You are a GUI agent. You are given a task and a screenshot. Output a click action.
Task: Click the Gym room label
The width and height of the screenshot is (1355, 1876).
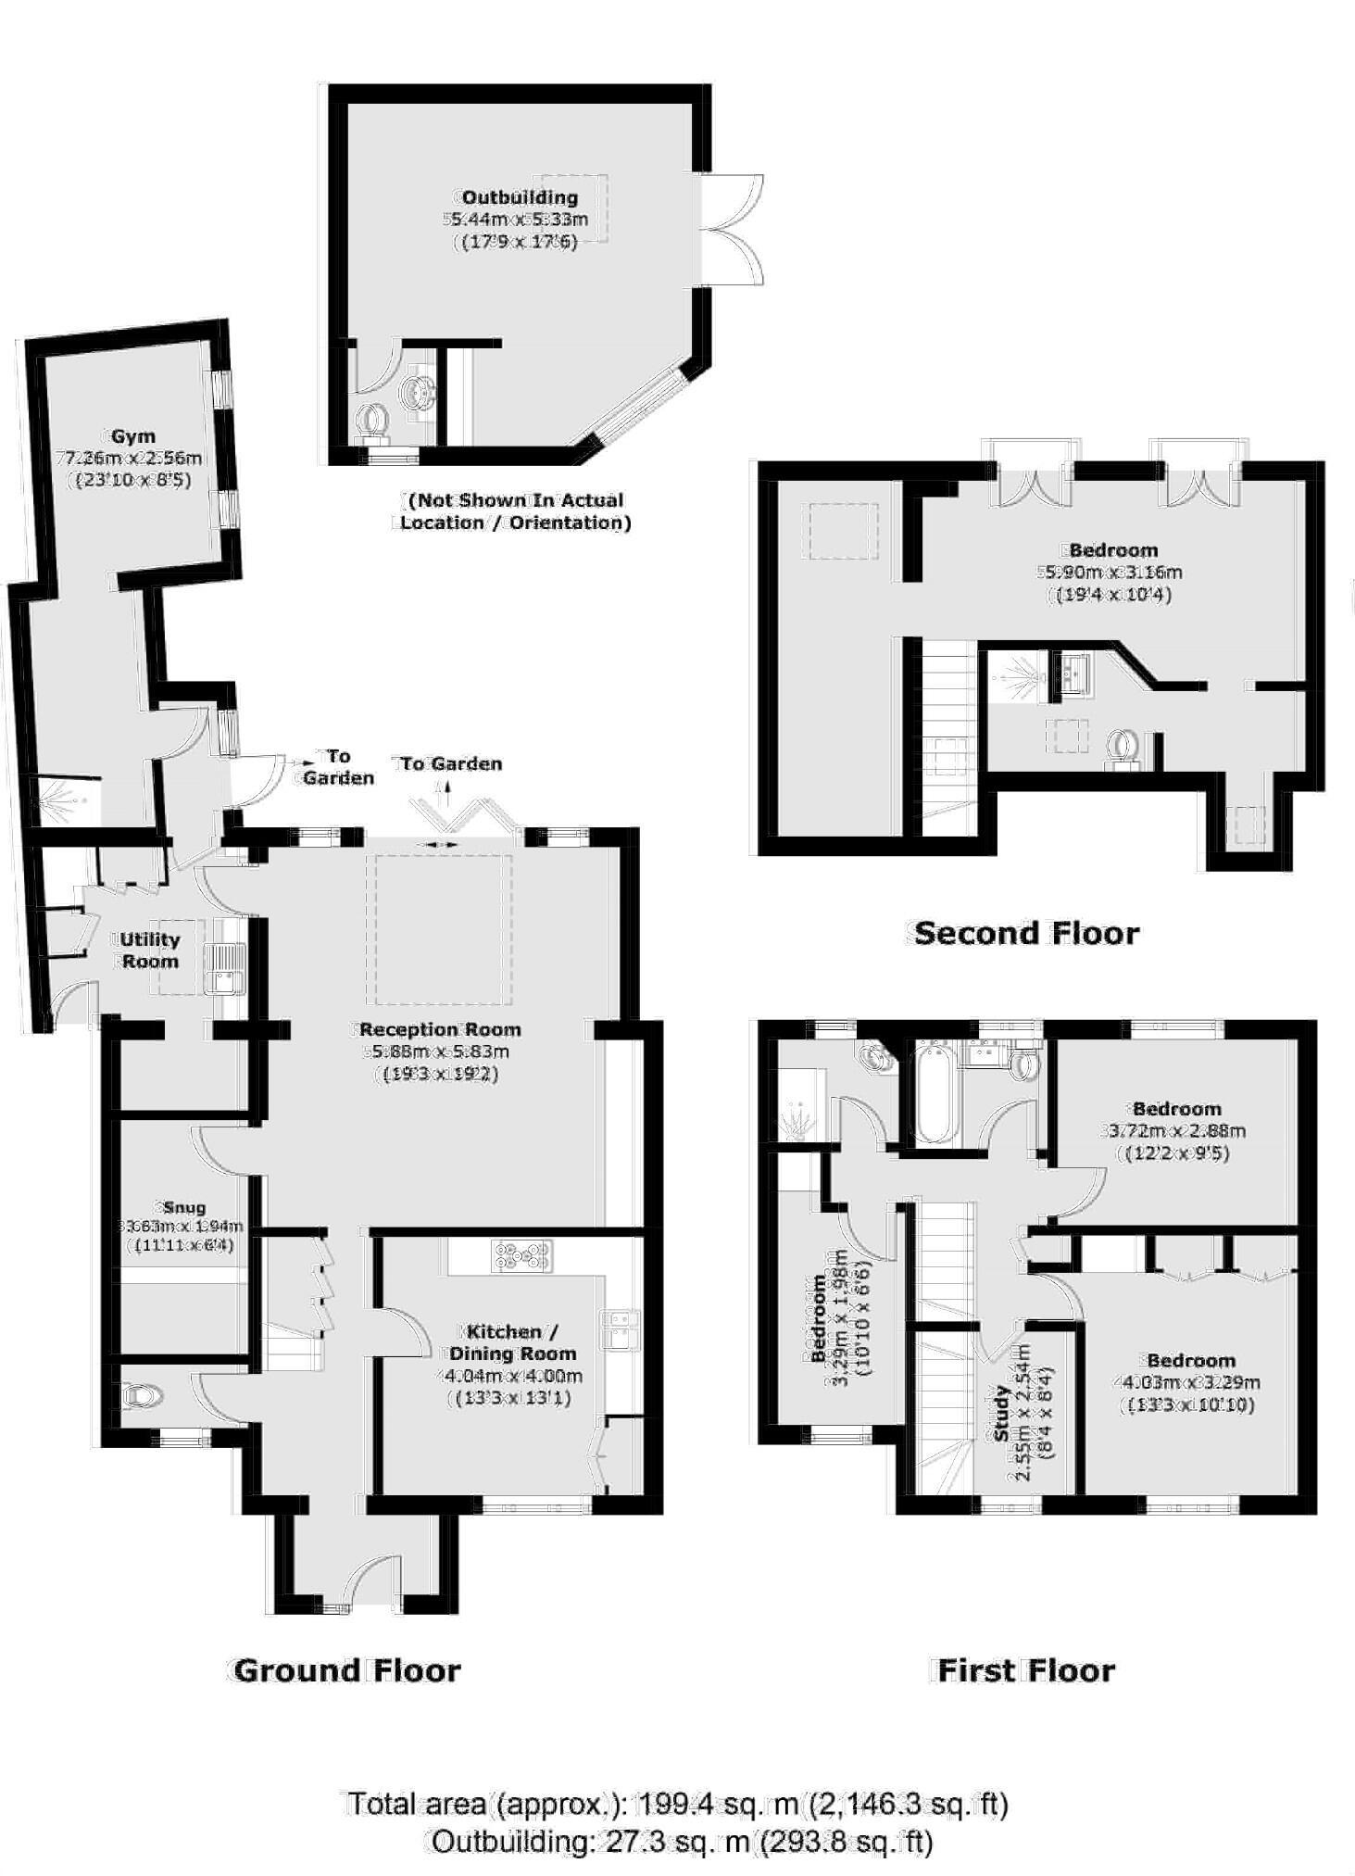(133, 436)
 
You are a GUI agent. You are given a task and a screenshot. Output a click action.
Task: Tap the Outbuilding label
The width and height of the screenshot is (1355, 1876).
(520, 197)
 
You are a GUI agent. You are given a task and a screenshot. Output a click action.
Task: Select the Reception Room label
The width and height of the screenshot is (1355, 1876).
(440, 1029)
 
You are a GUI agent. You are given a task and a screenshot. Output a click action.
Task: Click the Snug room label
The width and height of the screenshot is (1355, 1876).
(182, 1208)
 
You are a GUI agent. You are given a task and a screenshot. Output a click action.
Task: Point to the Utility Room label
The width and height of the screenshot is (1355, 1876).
(150, 950)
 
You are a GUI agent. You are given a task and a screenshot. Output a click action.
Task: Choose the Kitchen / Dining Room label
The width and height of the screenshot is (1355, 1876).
(512, 1342)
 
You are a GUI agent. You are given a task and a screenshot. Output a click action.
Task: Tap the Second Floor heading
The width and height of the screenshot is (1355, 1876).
(1026, 933)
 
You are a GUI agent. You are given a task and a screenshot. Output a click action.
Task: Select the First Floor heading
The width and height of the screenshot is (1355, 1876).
(1026, 1670)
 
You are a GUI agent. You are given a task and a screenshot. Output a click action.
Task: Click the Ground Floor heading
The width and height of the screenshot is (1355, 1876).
(347, 1670)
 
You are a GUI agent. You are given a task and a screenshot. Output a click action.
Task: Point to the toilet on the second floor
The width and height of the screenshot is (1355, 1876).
(1123, 747)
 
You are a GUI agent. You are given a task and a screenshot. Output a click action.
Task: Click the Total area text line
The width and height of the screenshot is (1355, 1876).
(677, 1804)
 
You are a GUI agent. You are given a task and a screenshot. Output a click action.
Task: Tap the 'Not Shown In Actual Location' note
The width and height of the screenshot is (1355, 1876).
(516, 511)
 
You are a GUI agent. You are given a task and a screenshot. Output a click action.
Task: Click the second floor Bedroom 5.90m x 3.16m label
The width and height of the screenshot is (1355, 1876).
(1113, 550)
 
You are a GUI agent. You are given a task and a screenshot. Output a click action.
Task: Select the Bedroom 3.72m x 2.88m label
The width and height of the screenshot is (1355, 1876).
(1176, 1109)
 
